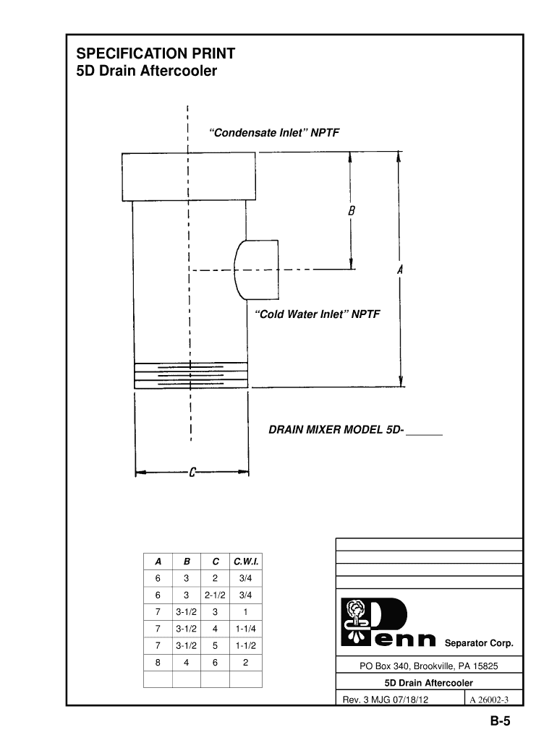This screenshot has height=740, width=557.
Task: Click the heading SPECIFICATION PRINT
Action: click(x=156, y=54)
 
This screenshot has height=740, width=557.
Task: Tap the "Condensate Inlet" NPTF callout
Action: click(x=274, y=133)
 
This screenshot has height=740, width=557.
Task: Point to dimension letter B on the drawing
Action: click(x=351, y=212)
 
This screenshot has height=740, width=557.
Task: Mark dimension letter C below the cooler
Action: click(x=193, y=473)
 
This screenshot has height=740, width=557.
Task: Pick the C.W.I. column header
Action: click(x=245, y=561)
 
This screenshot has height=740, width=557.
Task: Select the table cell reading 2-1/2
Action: click(x=216, y=595)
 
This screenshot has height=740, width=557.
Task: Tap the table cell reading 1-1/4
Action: click(x=245, y=629)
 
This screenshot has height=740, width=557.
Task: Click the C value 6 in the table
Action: click(x=216, y=662)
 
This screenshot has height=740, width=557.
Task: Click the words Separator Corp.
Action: click(x=478, y=643)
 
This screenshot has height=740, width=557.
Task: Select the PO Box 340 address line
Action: click(x=429, y=666)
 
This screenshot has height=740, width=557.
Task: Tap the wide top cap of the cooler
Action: click(x=188, y=176)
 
